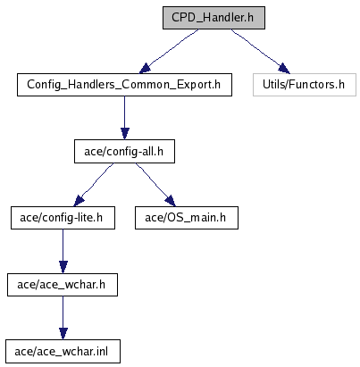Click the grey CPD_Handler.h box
click(213, 18)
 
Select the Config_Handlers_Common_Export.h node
click(124, 85)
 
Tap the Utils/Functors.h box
click(305, 85)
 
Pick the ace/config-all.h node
click(124, 152)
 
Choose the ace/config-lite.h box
click(63, 218)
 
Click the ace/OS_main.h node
click(187, 218)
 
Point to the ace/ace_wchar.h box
click(63, 285)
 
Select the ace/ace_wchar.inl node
click(63, 352)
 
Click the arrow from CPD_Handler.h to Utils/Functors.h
click(260, 51)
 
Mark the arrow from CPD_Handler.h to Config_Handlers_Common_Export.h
click(168, 51)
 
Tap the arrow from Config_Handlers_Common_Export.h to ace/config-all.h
click(125, 118)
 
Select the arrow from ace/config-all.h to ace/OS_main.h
click(155, 184)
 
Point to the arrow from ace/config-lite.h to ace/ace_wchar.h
click(63, 251)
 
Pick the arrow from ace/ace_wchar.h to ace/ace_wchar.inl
click(63, 318)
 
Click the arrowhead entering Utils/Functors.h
click(283, 69)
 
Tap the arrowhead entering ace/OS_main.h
click(170, 201)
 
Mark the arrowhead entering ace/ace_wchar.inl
click(63, 334)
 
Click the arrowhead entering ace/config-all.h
click(125, 134)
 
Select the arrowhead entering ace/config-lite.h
click(79, 201)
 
